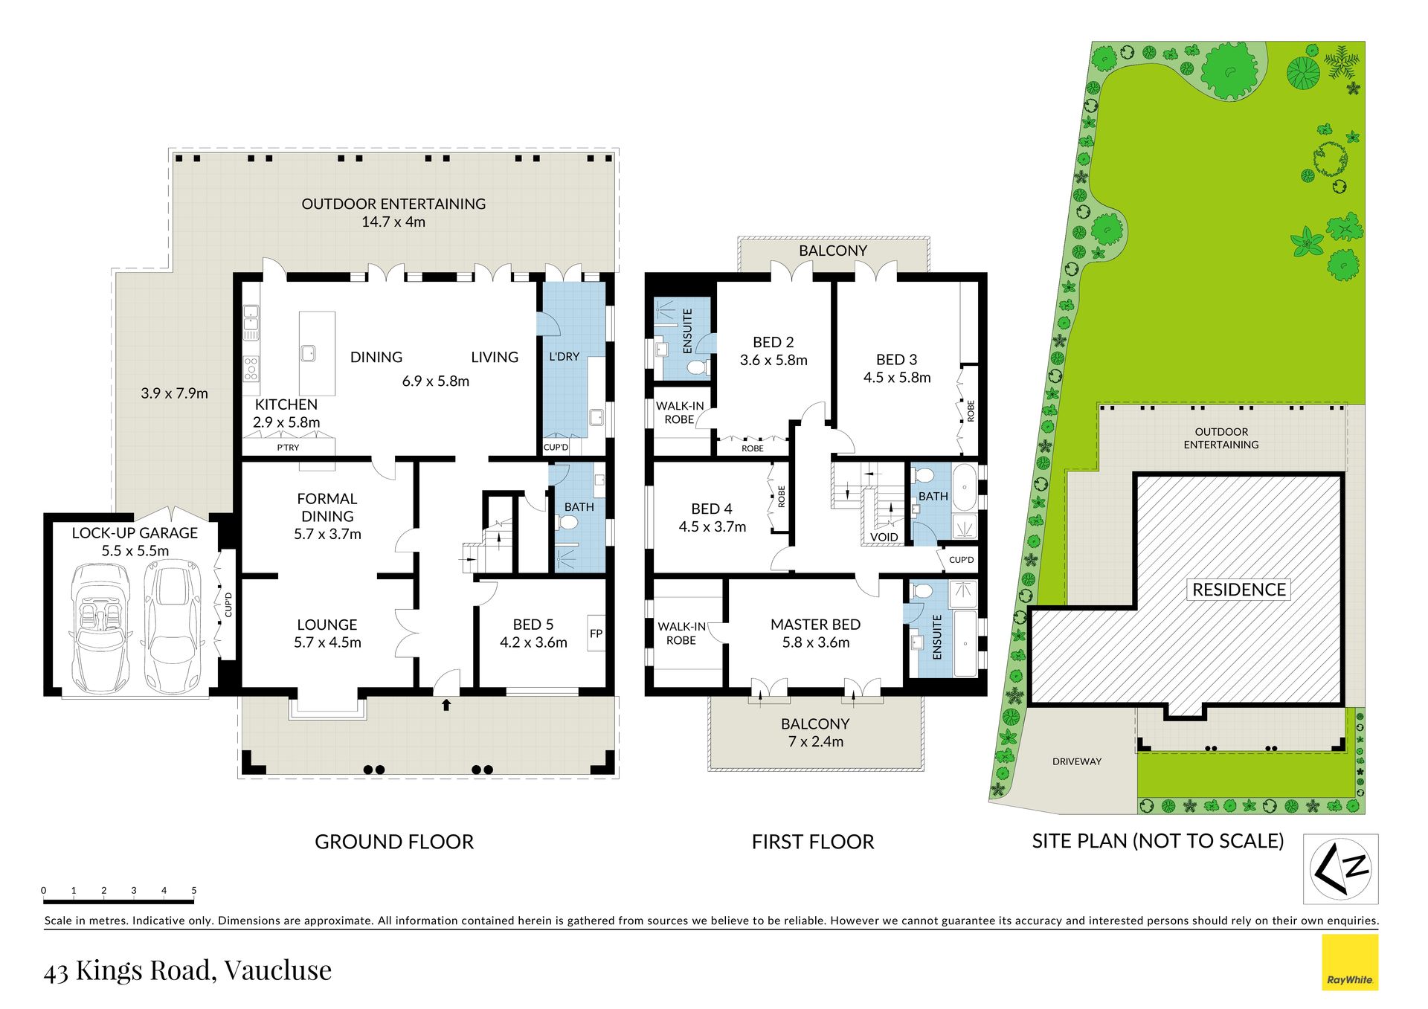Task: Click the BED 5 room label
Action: pos(533,625)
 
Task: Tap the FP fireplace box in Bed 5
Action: pos(596,634)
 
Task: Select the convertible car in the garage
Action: pos(100,628)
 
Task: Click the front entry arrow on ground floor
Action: pos(446,703)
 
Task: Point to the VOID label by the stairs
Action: pos(884,537)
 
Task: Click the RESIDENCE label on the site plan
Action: pos(1239,590)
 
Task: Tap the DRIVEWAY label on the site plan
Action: pos(1077,761)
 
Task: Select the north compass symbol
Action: pos(1341,868)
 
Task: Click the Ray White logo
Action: pos(1350,963)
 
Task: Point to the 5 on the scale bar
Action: pos(194,890)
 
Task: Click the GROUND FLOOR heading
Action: pos(394,842)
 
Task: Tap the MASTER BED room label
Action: pos(815,625)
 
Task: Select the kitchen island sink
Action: pos(308,352)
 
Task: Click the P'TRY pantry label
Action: pos(288,448)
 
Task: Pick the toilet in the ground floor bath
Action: pos(568,523)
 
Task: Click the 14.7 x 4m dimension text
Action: pos(393,222)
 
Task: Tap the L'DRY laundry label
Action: pos(564,357)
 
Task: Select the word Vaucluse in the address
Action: pos(278,970)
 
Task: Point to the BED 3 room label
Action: pos(896,360)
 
